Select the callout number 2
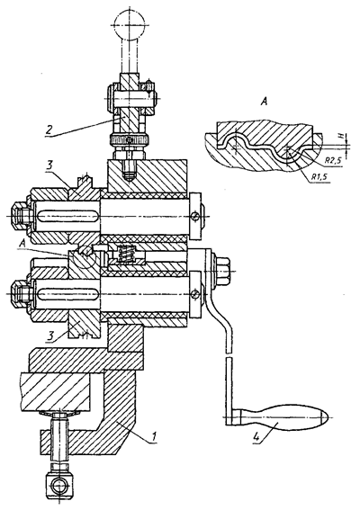click(x=49, y=130)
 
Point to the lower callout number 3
click(x=49, y=336)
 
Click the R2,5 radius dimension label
click(x=332, y=160)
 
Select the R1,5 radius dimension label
click(x=319, y=177)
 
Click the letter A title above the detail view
click(x=264, y=103)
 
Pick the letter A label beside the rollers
click(x=22, y=242)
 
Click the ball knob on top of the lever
click(x=130, y=24)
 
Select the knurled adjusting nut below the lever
click(x=130, y=140)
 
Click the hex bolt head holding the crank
click(x=222, y=271)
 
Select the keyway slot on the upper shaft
click(x=68, y=216)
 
